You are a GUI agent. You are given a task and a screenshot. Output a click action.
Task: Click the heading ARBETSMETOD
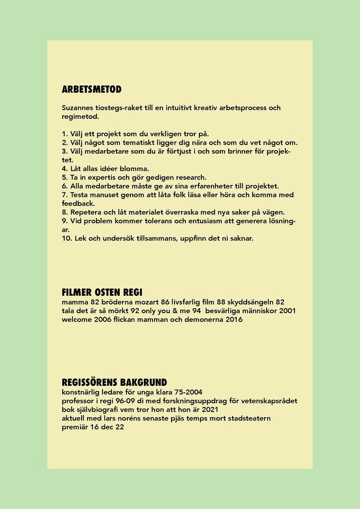tap(91, 90)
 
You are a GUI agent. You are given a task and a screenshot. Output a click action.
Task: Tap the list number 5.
tap(64, 177)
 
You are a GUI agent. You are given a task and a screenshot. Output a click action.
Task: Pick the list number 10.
tap(67, 238)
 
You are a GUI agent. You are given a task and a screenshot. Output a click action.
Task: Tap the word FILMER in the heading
tap(77, 292)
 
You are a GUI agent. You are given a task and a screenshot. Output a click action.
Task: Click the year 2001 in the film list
tap(287, 311)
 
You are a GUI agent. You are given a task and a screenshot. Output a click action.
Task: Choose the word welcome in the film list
tap(77, 320)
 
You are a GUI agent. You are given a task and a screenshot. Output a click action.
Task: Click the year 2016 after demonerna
tap(234, 320)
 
